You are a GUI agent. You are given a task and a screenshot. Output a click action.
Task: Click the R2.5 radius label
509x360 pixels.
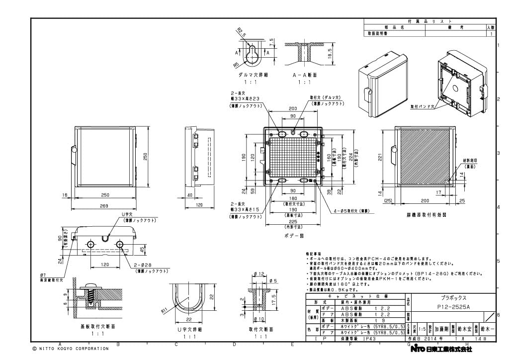(x=242, y=33)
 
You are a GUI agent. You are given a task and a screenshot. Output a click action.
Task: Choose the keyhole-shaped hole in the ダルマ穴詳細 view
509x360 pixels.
(x=253, y=53)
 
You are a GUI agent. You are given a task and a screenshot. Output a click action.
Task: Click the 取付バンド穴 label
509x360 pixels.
(x=423, y=106)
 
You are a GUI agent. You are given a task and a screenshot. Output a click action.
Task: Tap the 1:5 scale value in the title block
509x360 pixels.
(x=422, y=329)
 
